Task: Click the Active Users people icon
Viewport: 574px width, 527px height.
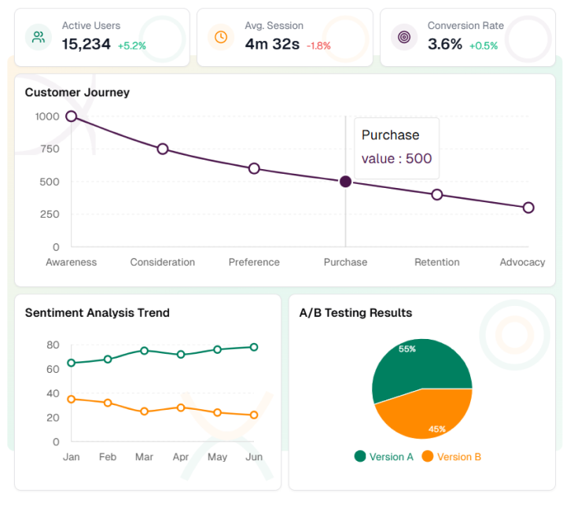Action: point(38,37)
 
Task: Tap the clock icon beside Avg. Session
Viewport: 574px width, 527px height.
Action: point(221,37)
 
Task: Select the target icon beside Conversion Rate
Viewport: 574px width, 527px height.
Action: point(404,37)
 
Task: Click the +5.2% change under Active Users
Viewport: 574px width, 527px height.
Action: point(132,46)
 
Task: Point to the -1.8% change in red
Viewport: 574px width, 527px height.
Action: point(318,46)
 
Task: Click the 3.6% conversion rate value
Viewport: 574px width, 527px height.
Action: point(445,45)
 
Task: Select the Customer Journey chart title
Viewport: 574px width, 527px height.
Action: point(77,92)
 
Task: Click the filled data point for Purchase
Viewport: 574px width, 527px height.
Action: point(345,182)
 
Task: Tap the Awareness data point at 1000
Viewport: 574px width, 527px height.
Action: point(72,116)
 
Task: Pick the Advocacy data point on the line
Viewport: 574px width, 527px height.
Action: point(528,208)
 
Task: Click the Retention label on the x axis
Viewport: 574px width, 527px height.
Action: point(436,262)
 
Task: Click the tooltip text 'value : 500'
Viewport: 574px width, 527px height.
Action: point(396,159)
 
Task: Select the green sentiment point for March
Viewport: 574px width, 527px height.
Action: point(145,351)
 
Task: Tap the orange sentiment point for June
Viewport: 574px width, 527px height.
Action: point(254,415)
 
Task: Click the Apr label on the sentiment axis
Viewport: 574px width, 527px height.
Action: point(181,457)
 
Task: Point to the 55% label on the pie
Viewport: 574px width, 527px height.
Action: point(407,348)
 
